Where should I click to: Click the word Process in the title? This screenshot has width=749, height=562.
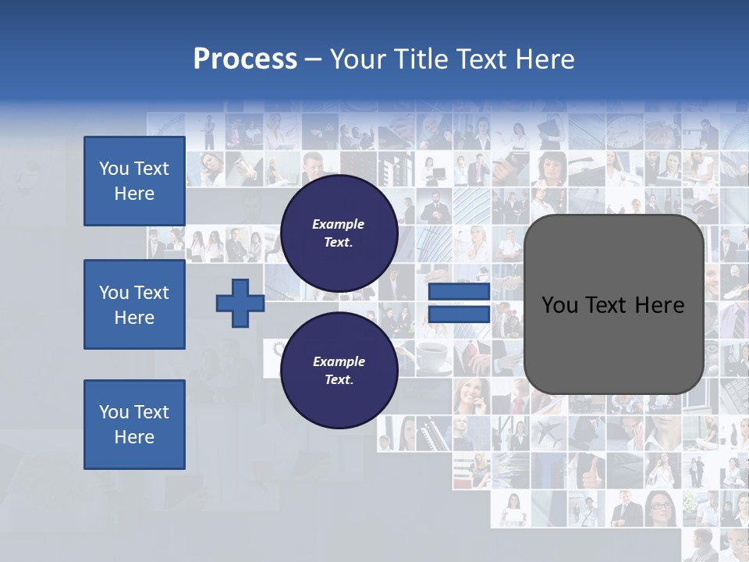click(x=245, y=59)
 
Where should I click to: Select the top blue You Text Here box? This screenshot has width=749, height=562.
click(x=134, y=181)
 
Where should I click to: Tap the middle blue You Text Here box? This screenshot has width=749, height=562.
click(x=134, y=304)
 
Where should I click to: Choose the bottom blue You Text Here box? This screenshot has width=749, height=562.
click(x=134, y=424)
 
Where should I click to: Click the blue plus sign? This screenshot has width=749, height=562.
click(x=240, y=303)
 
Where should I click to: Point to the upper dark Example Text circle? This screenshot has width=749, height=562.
click(x=339, y=233)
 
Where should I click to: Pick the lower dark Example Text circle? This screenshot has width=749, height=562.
click(x=339, y=370)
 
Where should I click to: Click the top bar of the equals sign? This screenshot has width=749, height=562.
click(x=459, y=293)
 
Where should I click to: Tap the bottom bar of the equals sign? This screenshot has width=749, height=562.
click(x=459, y=315)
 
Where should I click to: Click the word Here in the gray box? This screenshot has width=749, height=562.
click(x=659, y=305)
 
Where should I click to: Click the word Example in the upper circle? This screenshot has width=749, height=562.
click(x=339, y=224)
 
